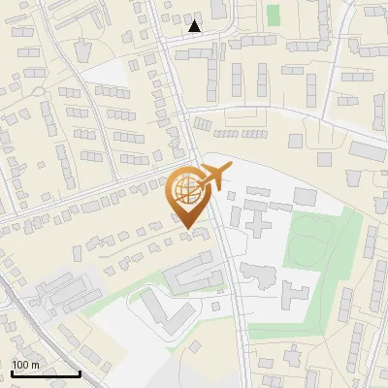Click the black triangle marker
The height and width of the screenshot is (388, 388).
[195, 26]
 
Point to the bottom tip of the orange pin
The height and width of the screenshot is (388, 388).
[188, 229]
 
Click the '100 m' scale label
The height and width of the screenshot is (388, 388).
[26, 365]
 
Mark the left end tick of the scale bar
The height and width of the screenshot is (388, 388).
[12, 372]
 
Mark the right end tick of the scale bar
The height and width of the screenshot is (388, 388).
[80, 372]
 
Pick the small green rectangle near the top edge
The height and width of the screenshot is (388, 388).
[274, 16]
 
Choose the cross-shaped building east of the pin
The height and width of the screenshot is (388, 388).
[258, 219]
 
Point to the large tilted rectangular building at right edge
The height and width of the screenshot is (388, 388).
[368, 151]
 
